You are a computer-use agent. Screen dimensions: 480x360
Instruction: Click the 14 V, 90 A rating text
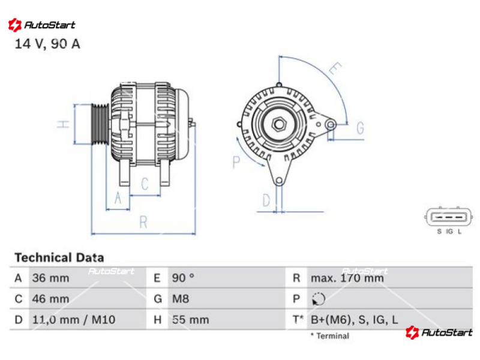pos(47,44)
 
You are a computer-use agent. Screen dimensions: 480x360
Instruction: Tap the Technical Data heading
pos(59,257)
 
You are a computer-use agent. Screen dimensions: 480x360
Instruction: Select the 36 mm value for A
pos(51,278)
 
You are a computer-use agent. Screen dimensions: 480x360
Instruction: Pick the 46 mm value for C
pos(51,299)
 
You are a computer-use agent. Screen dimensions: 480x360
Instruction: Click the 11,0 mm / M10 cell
pos(74,320)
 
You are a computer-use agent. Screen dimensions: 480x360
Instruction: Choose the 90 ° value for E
pos(183,278)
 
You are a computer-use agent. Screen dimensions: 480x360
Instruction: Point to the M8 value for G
pos(181,299)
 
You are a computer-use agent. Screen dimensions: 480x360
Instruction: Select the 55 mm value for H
pos(190,320)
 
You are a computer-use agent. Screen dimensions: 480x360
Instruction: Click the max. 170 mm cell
pos(347,278)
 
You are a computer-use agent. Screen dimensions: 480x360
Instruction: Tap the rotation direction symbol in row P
pos(319,299)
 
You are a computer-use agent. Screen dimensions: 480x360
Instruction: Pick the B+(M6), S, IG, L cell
pos(355,320)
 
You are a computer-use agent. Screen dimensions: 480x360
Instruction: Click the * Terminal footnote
pos(329,336)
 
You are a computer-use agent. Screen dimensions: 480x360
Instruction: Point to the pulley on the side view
pos(100,124)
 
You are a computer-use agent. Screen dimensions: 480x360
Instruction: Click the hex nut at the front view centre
pos(278,124)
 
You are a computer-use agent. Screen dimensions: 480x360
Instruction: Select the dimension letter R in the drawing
pos(143,222)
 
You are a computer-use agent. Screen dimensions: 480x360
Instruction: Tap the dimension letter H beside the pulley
pos(64,124)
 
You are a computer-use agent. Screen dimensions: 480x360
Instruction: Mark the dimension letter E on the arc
pos(335,68)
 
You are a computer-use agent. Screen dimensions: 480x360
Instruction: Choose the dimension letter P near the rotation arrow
pos(236,162)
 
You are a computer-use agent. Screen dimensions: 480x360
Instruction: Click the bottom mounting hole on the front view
pos(279,181)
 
